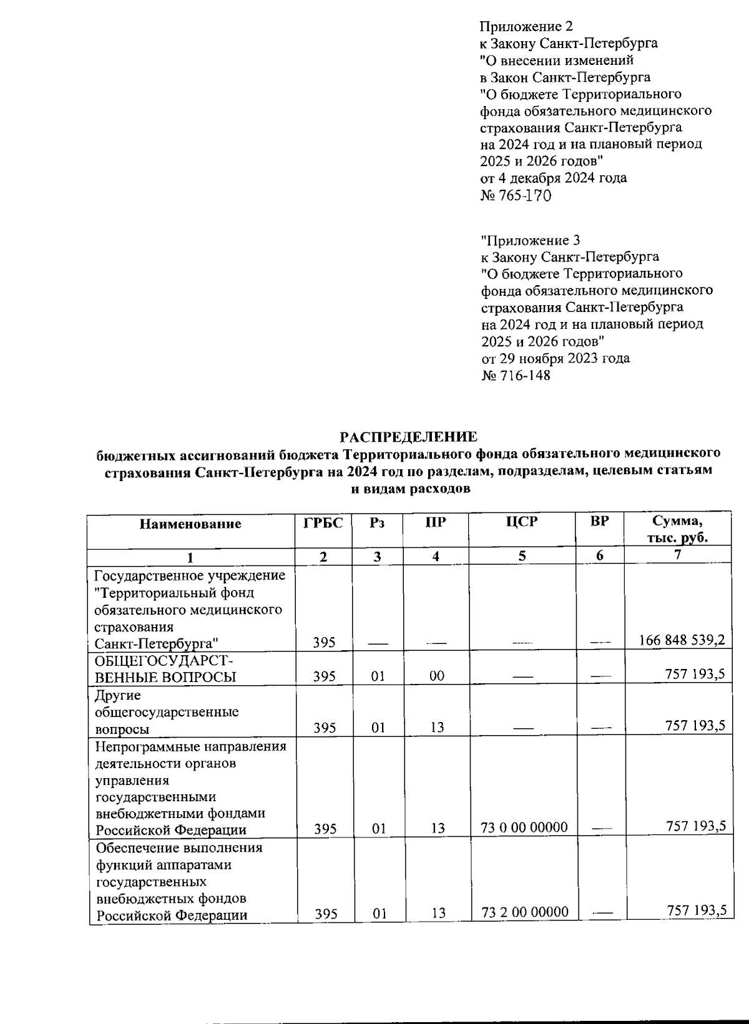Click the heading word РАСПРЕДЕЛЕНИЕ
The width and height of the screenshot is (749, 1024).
point(408,436)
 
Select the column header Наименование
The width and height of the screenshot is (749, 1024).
point(190,524)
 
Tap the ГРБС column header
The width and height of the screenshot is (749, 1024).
point(323,523)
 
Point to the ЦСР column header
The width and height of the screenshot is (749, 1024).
point(521,522)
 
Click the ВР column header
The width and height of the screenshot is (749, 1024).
point(599,521)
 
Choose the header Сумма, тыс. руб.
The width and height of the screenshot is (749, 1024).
point(678,529)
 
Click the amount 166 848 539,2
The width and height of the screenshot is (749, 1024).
point(682,640)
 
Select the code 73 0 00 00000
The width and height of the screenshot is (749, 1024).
point(524,827)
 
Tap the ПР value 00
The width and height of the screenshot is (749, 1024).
point(437,676)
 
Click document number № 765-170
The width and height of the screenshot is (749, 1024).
point(516,195)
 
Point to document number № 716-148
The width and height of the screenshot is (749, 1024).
point(516,375)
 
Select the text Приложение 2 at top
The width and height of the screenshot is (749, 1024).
point(526,26)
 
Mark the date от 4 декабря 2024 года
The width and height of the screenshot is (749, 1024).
point(553,178)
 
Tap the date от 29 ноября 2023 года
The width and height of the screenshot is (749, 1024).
point(556,358)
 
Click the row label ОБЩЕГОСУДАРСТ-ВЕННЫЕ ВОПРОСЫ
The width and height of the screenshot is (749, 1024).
point(165,668)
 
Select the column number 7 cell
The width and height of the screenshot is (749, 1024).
point(678,554)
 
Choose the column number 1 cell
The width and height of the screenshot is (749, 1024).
point(190,557)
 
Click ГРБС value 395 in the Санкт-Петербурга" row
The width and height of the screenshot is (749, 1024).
point(325,642)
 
